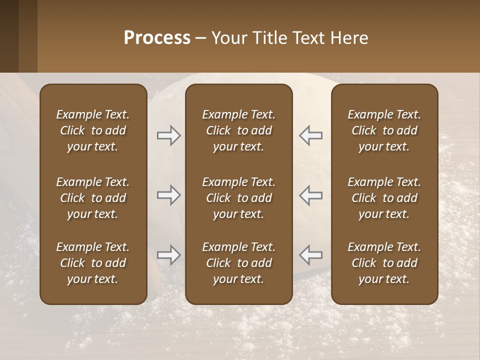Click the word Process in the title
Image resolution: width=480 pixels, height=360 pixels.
pos(157,38)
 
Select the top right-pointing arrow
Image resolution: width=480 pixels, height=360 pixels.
pos(169,135)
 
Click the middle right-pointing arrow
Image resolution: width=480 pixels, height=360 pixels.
pos(169,195)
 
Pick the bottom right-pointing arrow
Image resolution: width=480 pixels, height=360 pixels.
pos(169,255)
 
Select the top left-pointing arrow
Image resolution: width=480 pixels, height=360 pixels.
pos(310,135)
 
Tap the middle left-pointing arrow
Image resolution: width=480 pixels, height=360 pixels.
pos(310,195)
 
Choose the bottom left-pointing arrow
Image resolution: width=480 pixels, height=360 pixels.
pos(310,255)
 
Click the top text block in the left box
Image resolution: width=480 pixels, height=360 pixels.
pos(93,130)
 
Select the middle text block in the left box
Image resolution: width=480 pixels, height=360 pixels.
pos(93,198)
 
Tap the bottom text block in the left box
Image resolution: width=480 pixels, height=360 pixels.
pos(93,263)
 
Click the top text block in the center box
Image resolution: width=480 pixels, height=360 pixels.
pos(238,130)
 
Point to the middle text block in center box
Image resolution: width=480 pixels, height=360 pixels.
pos(238,198)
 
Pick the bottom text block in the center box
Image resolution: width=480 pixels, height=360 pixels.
pos(238,263)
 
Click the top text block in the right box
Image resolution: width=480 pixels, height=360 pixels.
pos(384,130)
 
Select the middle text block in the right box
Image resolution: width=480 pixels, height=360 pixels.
pos(384,198)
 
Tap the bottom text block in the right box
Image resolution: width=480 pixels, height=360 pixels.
pos(384,263)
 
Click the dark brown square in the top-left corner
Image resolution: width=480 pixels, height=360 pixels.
pos(9,36)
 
